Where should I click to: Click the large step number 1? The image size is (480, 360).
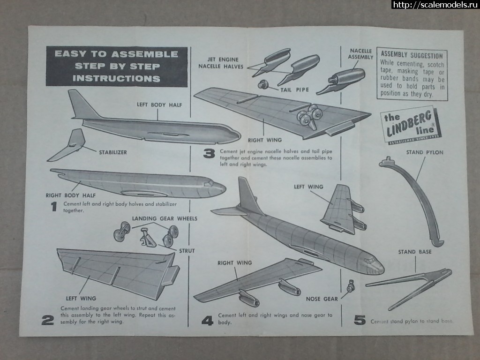[54, 206]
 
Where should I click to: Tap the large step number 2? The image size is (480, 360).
[47, 320]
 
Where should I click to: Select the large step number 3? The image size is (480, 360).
[209, 153]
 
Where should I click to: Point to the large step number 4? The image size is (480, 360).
[207, 321]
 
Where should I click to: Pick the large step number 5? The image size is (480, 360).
[360, 321]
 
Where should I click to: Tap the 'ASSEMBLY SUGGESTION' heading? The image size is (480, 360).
[412, 55]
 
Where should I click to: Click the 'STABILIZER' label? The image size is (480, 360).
[112, 152]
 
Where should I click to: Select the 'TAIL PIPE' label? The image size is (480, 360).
[295, 89]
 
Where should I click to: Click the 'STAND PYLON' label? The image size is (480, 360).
[424, 152]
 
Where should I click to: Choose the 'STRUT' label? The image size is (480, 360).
[187, 251]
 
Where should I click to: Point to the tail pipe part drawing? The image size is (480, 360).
[264, 85]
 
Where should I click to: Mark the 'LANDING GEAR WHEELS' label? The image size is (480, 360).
[164, 218]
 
